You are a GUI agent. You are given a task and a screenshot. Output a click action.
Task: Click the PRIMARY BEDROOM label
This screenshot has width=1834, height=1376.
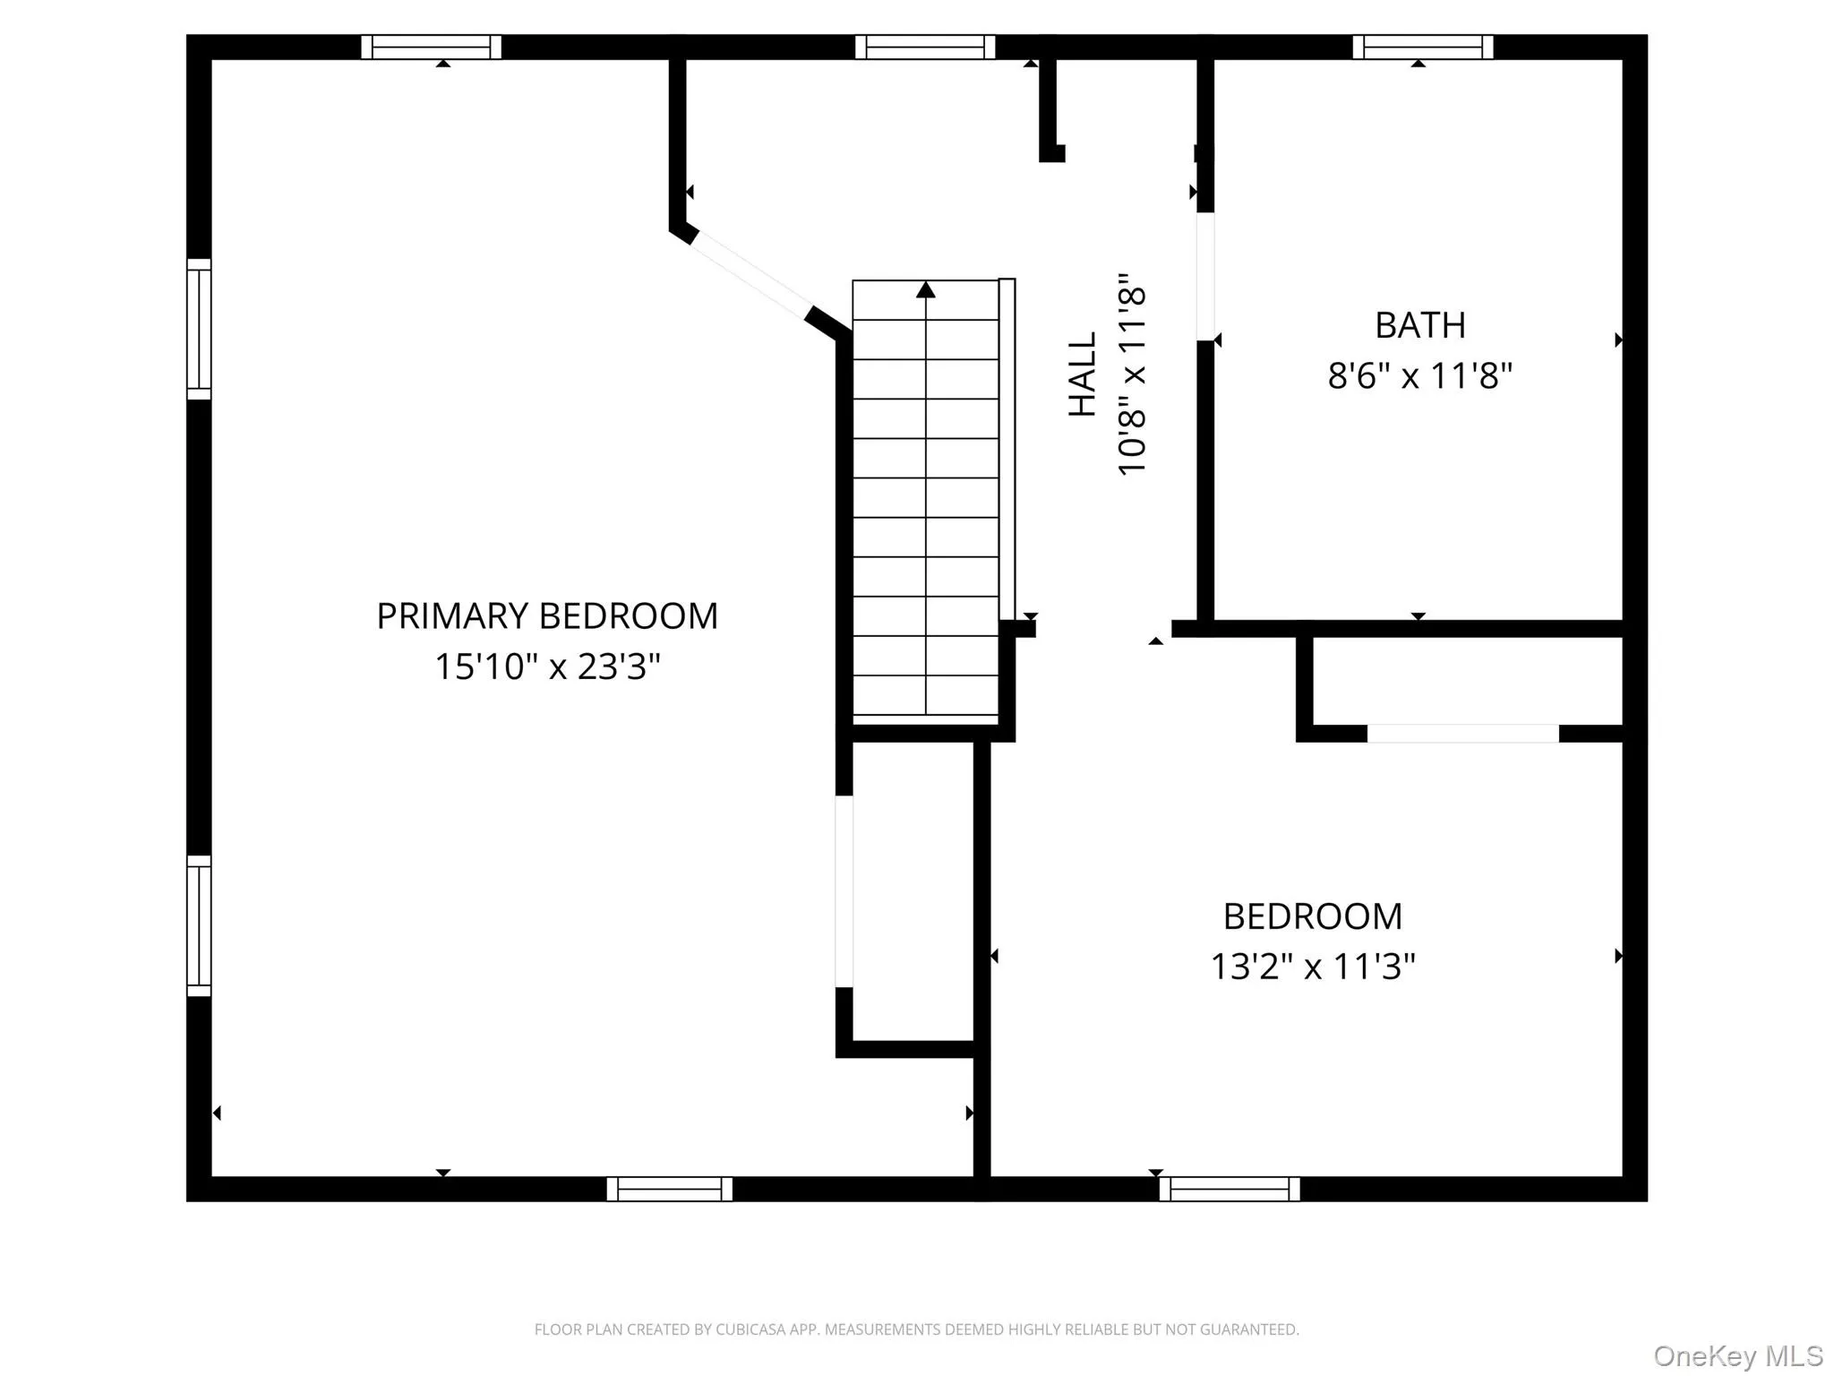click(547, 616)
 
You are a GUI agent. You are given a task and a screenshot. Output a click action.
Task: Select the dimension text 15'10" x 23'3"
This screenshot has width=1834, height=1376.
click(547, 666)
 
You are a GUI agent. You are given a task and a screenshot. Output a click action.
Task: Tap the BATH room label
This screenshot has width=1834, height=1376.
click(1420, 325)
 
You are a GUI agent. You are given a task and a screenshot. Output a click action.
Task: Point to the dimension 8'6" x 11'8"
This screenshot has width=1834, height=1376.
click(1420, 375)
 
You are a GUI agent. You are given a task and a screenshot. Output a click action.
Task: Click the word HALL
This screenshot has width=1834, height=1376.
click(1083, 374)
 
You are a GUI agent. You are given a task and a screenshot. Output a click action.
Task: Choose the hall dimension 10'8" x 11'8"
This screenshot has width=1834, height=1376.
click(1133, 374)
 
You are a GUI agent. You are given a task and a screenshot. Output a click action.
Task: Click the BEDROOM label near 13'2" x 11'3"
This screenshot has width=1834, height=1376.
click(1313, 916)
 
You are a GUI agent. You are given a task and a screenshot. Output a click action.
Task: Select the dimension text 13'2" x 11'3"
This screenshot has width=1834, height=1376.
click(1313, 967)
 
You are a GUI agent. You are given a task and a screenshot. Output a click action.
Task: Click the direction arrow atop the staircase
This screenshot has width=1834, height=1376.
click(926, 290)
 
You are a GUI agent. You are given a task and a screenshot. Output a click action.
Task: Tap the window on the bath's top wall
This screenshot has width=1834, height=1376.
click(1423, 47)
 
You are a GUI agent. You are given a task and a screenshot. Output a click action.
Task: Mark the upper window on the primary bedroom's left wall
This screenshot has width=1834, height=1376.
click(199, 329)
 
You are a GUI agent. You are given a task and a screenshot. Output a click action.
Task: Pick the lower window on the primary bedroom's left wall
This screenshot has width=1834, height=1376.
click(199, 925)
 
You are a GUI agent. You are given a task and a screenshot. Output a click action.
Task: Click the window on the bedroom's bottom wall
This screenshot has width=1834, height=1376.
click(1230, 1189)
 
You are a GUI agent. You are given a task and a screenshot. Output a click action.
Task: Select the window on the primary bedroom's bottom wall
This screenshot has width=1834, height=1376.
click(669, 1189)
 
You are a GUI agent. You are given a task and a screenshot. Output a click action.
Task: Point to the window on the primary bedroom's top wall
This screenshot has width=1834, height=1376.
click(431, 47)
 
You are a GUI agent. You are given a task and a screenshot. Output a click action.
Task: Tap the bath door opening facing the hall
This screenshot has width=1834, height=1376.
click(1205, 276)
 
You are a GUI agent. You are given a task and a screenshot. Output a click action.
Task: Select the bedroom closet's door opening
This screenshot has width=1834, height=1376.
click(1462, 734)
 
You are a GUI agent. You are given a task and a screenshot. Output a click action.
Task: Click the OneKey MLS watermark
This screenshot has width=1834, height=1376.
click(1738, 1355)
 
